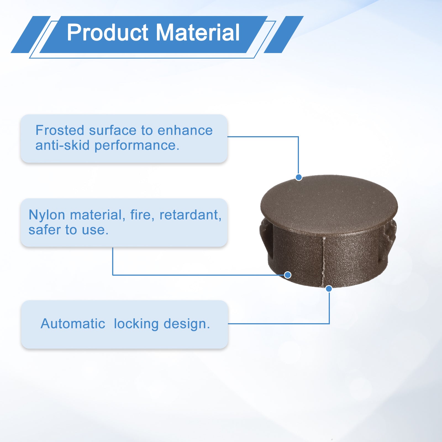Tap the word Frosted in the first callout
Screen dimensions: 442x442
tap(60, 130)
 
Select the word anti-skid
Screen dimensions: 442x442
tap(62, 145)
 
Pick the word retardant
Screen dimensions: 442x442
tap(190, 215)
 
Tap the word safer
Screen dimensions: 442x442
tap(44, 230)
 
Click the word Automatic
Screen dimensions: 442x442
tap(73, 323)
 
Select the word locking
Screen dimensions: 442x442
tap(136, 324)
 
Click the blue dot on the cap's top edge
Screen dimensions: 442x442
tap(299, 177)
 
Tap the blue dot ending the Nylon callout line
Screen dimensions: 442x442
tap(288, 275)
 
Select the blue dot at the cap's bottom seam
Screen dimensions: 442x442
tap(329, 289)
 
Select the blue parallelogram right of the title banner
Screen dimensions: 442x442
tap(284, 35)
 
